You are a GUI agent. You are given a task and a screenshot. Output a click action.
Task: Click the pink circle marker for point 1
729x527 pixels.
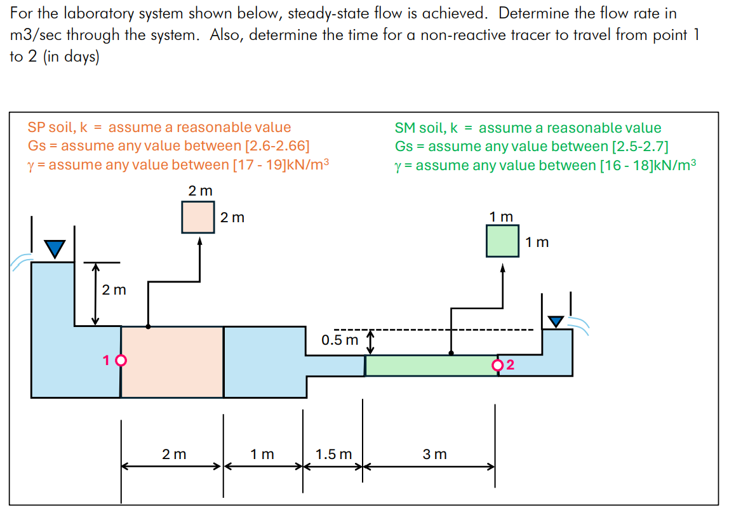(x=121, y=360)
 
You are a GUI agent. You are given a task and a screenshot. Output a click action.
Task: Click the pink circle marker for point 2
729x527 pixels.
(x=498, y=365)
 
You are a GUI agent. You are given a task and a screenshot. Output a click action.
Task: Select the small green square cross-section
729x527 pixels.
(x=502, y=241)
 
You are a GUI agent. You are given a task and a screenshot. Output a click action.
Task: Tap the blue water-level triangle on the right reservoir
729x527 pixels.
(x=556, y=322)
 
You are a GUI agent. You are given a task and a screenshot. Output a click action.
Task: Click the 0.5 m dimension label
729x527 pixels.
(x=340, y=340)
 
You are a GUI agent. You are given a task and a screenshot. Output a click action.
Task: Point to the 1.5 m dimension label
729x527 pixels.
(x=333, y=454)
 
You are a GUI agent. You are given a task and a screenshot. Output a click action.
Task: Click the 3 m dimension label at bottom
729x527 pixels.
(x=435, y=454)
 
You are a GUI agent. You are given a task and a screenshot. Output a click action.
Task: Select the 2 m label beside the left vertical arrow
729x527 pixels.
(x=114, y=290)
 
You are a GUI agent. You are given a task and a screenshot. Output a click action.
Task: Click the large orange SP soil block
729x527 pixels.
(x=172, y=362)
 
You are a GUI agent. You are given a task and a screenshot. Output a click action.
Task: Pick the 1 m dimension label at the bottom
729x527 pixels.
(x=262, y=454)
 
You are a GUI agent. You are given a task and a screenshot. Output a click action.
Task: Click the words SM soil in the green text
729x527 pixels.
(x=419, y=128)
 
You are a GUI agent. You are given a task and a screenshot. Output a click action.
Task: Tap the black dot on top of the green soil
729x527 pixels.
(x=451, y=353)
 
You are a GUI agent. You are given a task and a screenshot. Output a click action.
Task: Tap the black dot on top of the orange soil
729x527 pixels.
(x=148, y=326)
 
